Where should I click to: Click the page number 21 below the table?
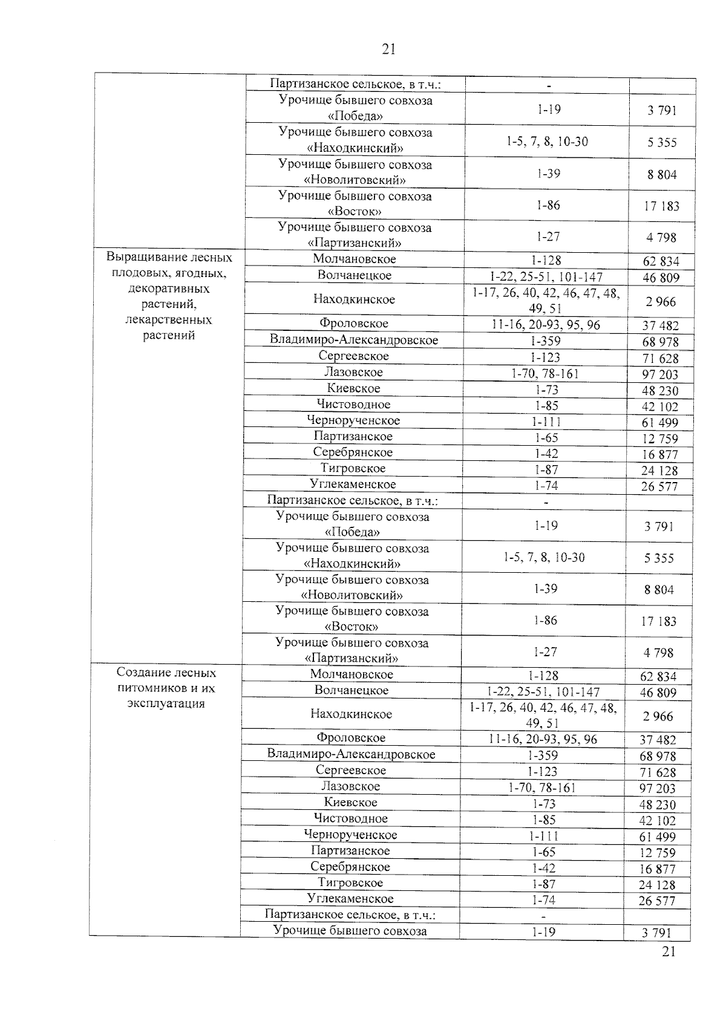coord(668,951)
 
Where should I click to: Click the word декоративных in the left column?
coord(169,289)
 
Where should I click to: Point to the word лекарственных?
coord(169,319)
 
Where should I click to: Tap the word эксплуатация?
coord(166,703)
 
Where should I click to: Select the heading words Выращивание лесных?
coord(169,257)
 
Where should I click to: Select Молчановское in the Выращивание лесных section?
coord(355,259)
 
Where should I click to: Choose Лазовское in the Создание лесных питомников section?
coord(350,786)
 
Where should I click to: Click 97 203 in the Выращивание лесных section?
coord(660,374)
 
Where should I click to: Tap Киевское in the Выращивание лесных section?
coord(353,388)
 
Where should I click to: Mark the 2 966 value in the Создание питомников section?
coord(658,716)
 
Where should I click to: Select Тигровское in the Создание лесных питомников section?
coord(350,882)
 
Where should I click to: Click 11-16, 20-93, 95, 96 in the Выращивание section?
coord(546,325)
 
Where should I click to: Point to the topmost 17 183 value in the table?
coord(661,206)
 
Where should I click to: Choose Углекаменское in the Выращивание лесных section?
coord(353,484)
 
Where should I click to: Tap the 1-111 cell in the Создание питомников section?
coord(543,836)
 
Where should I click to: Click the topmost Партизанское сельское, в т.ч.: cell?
coord(355,83)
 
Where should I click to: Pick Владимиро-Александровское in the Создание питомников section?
coord(352,754)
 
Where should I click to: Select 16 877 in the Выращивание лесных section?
coord(660,454)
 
